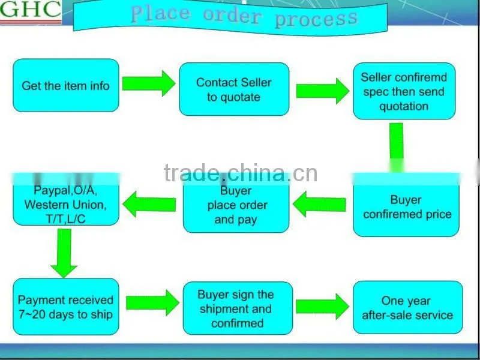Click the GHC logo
coord(31,11)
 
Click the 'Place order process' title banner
coord(230,17)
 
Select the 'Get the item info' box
coord(66,85)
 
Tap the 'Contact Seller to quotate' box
coord(234,89)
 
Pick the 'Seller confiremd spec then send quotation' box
coord(404,91)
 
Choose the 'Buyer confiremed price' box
coord(406,205)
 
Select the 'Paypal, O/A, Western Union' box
coord(66,200)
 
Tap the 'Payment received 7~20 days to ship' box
coord(66,307)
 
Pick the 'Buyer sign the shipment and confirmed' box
coord(238,308)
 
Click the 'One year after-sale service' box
coord(408,307)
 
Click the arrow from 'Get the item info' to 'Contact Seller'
coord(149,83)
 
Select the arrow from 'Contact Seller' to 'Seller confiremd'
coord(323,91)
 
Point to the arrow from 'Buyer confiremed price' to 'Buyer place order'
coord(320,205)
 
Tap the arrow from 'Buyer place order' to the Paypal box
coord(149,204)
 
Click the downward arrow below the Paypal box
coord(64,253)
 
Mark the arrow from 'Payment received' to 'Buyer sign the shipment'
coord(152,302)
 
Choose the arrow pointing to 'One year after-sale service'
coord(322,307)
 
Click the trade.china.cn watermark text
coord(241,173)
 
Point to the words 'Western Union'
coord(65,205)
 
